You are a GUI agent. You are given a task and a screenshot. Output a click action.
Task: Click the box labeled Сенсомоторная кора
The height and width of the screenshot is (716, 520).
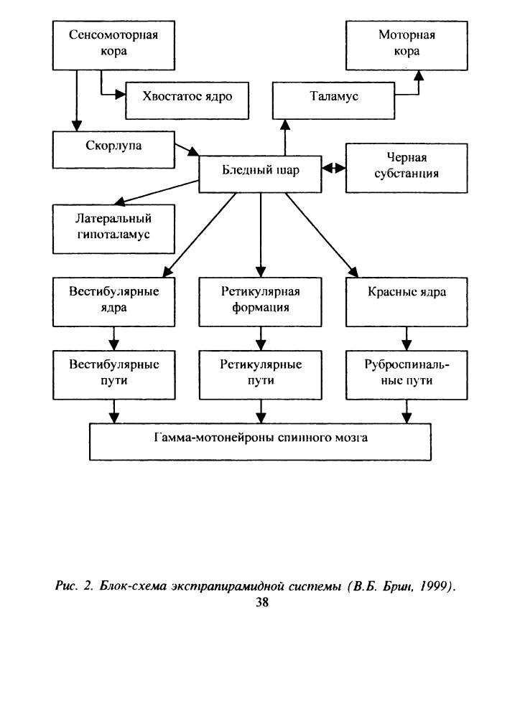pos(113,45)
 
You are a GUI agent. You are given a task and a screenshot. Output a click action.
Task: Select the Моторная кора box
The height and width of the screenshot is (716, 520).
pos(407,45)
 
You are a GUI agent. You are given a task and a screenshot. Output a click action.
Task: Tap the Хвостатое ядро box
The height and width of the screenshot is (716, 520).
pos(187,100)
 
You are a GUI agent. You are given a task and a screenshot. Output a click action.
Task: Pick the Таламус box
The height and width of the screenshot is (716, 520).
pos(333,100)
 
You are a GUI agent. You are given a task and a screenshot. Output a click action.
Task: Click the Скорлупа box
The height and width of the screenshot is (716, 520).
pos(113,150)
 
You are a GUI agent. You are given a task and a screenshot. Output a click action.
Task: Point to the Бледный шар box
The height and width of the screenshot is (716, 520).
pos(260,174)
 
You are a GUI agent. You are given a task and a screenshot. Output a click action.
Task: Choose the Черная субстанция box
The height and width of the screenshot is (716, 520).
pos(407,168)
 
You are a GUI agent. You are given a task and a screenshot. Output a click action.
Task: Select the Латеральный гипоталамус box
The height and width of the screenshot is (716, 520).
pos(113,229)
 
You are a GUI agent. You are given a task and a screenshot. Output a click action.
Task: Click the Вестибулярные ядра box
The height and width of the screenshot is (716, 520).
pos(113,302)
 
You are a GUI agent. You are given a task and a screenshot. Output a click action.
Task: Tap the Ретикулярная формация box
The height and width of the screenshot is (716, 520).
pos(260,302)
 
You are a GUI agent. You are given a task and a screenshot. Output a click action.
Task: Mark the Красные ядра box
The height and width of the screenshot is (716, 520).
pos(407,302)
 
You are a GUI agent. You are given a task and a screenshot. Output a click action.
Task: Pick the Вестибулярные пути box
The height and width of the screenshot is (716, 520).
pos(113,375)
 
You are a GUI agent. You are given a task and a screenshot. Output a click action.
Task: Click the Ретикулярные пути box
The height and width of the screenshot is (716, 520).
pos(261,375)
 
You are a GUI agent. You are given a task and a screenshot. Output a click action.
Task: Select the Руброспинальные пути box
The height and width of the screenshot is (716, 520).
pos(407,375)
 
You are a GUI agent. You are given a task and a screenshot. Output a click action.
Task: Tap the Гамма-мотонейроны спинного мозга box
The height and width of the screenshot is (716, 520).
pos(260,441)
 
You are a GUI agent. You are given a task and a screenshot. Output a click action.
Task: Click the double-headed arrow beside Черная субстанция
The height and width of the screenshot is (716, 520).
pos(333,168)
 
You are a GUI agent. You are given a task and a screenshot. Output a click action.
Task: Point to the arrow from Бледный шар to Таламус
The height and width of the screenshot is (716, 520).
pos(285,138)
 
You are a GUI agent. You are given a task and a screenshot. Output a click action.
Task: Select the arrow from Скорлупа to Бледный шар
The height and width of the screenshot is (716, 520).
pos(187,150)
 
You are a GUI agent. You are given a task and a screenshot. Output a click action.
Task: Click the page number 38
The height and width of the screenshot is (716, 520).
pos(262,603)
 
